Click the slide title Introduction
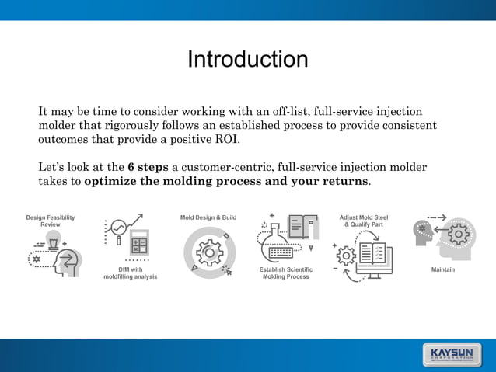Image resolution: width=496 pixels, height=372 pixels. pyautogui.click(x=247, y=60)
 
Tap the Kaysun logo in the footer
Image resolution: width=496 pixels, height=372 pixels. pyautogui.click(x=455, y=354)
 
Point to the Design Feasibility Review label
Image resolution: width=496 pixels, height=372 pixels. pyautogui.click(x=51, y=221)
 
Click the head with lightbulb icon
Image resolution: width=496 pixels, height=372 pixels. pyautogui.click(x=55, y=256)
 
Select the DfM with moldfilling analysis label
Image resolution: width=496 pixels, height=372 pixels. pyautogui.click(x=130, y=273)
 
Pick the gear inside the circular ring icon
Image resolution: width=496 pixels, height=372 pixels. pyautogui.click(x=208, y=253)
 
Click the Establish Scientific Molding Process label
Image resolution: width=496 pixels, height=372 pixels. pyautogui.click(x=286, y=273)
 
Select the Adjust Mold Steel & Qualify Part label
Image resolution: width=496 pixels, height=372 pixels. pyautogui.click(x=364, y=221)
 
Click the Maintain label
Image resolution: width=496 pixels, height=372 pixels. pyautogui.click(x=443, y=269)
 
